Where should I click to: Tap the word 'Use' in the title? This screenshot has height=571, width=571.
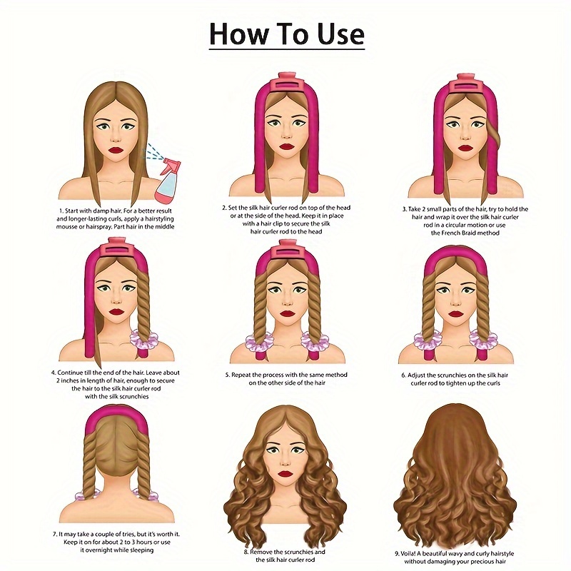point(340,34)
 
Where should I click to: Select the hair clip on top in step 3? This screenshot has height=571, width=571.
point(465,84)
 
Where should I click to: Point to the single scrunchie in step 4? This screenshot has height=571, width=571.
point(143,340)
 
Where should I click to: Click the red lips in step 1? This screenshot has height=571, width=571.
point(116,150)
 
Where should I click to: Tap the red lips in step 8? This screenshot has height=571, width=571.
point(285,473)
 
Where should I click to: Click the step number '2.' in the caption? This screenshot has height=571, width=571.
point(225,208)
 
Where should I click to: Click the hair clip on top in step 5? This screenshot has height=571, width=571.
point(288,251)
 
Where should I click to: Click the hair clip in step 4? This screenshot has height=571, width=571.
point(117,248)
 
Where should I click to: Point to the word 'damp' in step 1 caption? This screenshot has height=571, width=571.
point(101,211)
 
